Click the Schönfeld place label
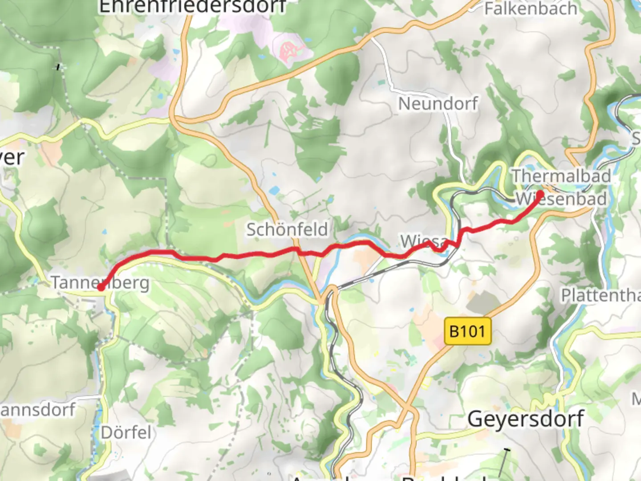coord(287,230)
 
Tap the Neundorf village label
coord(438,104)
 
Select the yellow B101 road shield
coord(467,331)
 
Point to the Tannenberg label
coord(100,282)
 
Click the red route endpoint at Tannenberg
coord(101,288)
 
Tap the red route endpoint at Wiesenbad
coord(540,194)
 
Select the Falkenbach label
coord(531,9)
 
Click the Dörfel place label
coord(126,432)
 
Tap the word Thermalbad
coord(561,176)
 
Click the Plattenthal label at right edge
coord(600,295)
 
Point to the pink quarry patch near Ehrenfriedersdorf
coord(291,50)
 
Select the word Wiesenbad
coord(562,199)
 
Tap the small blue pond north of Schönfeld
coord(274,191)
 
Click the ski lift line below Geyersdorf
coord(503,463)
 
